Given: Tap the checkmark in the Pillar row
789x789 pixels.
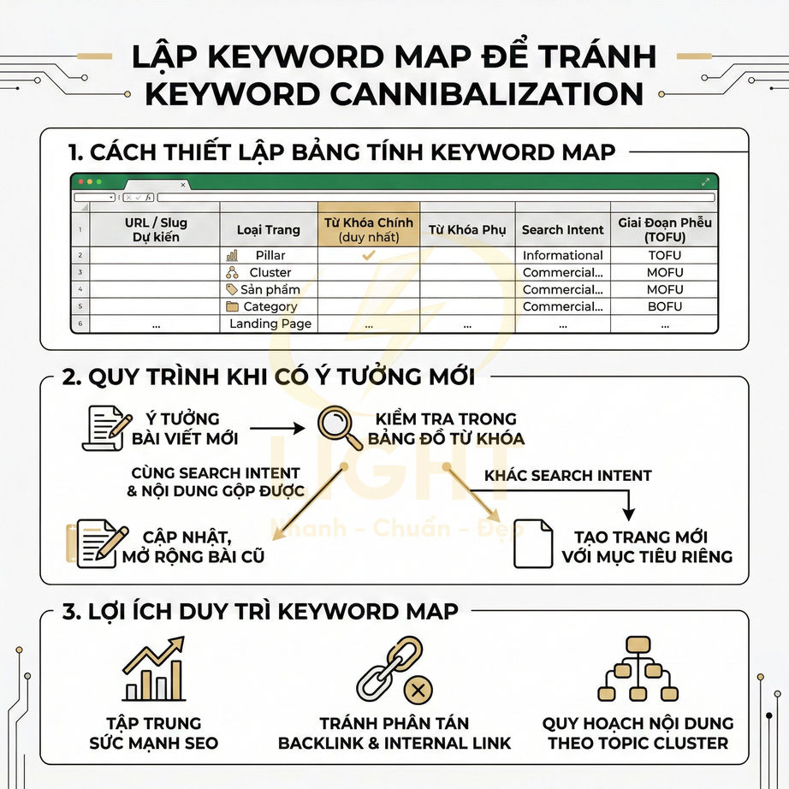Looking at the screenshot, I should (x=369, y=255).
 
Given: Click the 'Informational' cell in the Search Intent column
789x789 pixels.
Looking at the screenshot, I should (x=562, y=255).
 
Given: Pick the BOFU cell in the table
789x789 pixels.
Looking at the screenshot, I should (x=665, y=306).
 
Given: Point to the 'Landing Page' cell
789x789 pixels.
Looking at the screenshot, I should (x=270, y=323).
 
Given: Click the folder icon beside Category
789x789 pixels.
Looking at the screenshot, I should (x=232, y=306).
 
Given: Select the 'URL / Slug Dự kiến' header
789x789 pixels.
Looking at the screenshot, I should (x=155, y=229).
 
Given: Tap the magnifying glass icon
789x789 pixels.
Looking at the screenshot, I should (x=340, y=428).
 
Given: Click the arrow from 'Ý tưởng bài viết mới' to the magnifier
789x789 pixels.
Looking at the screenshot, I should (x=277, y=427).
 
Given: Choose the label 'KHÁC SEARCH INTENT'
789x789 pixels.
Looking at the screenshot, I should (x=567, y=475).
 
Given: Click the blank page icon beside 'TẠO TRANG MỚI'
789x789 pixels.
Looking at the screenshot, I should (x=532, y=544).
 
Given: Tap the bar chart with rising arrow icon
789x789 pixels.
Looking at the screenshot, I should (x=153, y=670).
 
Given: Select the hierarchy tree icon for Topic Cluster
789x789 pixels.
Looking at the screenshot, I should (x=638, y=669).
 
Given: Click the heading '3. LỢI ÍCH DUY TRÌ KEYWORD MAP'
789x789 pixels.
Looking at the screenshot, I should (x=258, y=611).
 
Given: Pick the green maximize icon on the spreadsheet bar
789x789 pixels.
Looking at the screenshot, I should (x=706, y=181).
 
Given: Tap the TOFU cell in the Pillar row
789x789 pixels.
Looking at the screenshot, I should (x=665, y=255).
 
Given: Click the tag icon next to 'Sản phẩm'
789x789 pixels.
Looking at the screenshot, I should (x=231, y=289).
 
